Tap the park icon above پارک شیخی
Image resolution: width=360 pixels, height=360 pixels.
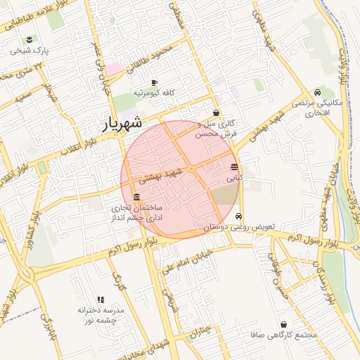[x=29, y=39]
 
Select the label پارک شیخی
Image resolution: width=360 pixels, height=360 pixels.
[x=29, y=51]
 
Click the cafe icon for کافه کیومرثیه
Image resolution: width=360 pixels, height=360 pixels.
[x=154, y=83]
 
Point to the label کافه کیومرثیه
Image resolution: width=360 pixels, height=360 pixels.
[x=155, y=94]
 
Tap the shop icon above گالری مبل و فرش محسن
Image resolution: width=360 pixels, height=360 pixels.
[x=216, y=112]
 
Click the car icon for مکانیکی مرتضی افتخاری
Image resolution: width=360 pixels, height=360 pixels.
[x=318, y=92]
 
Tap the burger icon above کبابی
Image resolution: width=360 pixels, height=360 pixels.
[x=233, y=167]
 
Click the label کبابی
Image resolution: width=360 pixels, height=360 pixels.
[x=233, y=179]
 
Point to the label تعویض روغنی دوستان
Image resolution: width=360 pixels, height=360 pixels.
[x=243, y=228]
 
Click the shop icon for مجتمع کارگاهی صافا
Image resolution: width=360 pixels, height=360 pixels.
[x=283, y=325]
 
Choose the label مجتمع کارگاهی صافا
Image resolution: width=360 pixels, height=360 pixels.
[x=278, y=335]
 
